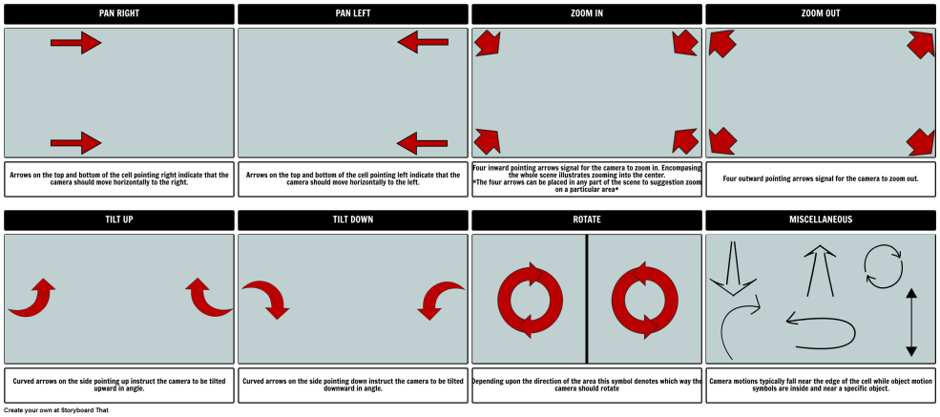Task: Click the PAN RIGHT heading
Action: coord(118,13)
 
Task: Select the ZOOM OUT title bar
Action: coord(820,14)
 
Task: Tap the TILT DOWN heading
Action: coord(352,219)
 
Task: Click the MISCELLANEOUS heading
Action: coord(820,219)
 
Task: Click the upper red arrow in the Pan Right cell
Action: coord(76,43)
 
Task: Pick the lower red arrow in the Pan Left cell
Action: coord(422,144)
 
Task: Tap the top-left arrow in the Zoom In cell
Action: coord(488,43)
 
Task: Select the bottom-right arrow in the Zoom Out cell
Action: coord(920,142)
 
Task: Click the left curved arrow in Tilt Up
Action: coord(31,297)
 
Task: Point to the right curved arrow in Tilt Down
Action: coord(441,301)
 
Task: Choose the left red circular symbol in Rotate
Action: coord(530,300)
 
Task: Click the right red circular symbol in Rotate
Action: coord(645,300)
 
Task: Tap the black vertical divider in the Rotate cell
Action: coord(586,299)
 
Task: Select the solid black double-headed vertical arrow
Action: coord(911,323)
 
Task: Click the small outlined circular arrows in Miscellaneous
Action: coord(883,266)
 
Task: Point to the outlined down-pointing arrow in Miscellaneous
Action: coord(733,268)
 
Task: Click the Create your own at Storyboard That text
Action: coord(56,410)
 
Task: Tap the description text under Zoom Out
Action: coord(820,178)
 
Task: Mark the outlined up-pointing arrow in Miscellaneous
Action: coord(820,271)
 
